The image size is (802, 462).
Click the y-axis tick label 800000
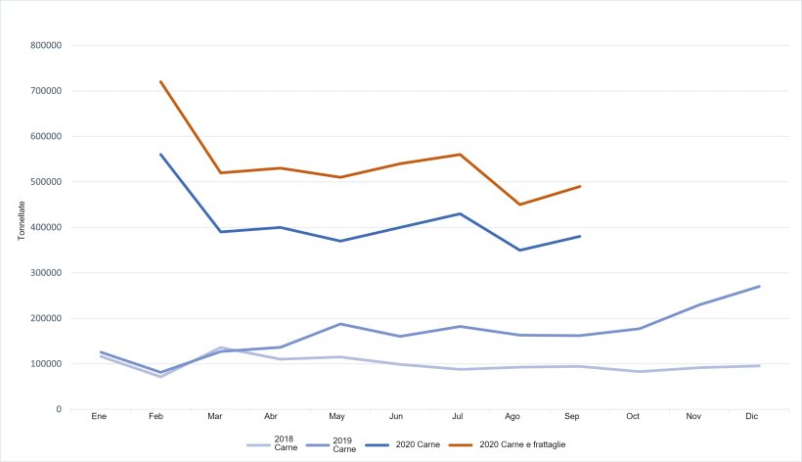[47, 45]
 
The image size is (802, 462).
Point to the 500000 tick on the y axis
[47, 182]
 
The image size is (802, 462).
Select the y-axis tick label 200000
[47, 318]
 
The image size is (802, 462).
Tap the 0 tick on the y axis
[60, 409]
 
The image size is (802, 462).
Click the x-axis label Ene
[99, 417]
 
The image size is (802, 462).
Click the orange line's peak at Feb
[159, 81]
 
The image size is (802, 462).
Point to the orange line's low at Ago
[520, 205]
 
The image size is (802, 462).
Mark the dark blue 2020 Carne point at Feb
[159, 155]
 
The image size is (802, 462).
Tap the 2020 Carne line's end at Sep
[580, 236]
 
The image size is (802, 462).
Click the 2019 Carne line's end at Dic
[760, 287]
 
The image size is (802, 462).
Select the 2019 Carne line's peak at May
[340, 324]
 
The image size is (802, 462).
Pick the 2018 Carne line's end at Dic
[760, 366]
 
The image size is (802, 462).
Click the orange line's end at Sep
[580, 186]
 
